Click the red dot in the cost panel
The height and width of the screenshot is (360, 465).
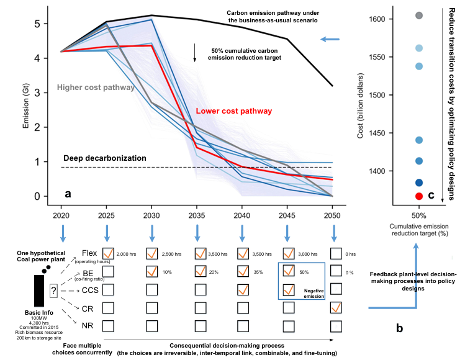(419, 196)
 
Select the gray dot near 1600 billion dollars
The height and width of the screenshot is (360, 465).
(419, 15)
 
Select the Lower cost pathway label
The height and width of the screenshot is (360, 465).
(233, 111)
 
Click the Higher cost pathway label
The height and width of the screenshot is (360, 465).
(96, 88)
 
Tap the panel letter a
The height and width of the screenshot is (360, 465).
(68, 193)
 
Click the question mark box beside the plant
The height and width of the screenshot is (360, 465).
(54, 290)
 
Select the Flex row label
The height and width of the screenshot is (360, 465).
(89, 253)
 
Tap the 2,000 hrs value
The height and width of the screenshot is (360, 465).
(128, 254)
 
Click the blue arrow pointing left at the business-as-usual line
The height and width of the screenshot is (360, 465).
(330, 40)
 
